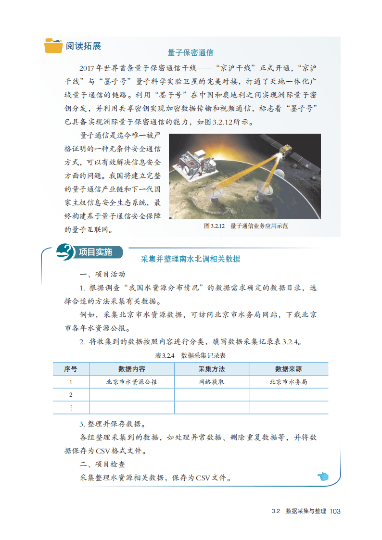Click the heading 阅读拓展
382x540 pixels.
click(x=84, y=46)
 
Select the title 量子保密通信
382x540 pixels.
click(x=190, y=52)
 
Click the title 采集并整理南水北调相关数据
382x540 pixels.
click(x=191, y=259)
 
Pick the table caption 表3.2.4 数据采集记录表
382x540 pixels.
click(x=191, y=356)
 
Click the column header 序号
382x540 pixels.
click(x=70, y=369)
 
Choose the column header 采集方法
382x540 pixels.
click(x=211, y=369)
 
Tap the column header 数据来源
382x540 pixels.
click(x=288, y=369)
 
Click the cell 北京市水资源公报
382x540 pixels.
click(x=132, y=382)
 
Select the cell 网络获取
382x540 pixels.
click(x=211, y=382)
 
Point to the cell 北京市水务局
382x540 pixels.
click(x=288, y=382)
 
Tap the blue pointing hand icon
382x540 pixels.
click(x=322, y=477)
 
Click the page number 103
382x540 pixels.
click(x=335, y=511)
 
